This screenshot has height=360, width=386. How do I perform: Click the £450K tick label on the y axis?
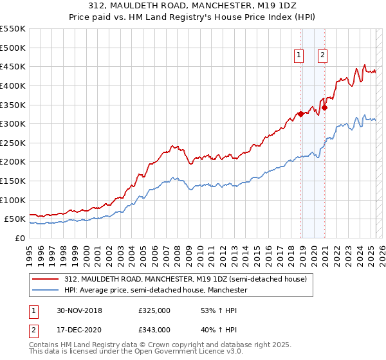click(x=12, y=66)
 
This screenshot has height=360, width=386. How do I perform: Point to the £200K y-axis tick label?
click(x=12, y=161)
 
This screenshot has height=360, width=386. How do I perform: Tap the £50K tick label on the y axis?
click(x=15, y=219)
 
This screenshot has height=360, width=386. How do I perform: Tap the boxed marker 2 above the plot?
click(x=322, y=56)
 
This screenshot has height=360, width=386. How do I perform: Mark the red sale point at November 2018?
click(x=300, y=114)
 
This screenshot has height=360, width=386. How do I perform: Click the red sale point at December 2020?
click(x=324, y=107)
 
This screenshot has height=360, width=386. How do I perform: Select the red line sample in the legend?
click(x=45, y=280)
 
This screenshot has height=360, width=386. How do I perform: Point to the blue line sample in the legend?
click(x=45, y=290)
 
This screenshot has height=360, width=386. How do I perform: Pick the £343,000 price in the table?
click(x=154, y=329)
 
